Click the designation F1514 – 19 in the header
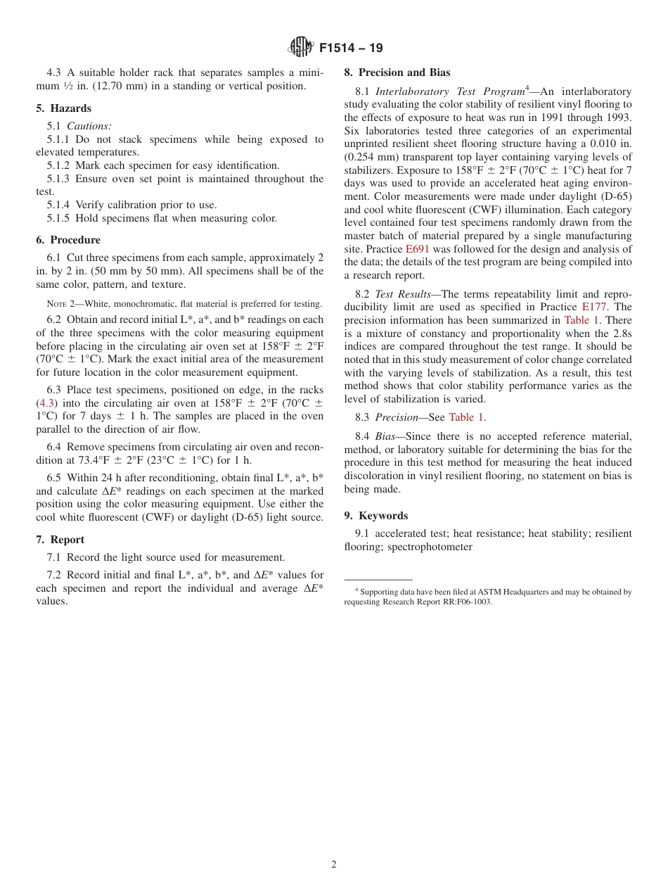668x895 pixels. pyautogui.click(x=351, y=49)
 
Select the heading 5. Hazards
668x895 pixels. pyautogui.click(x=63, y=108)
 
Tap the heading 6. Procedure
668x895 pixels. pyautogui.click(x=68, y=240)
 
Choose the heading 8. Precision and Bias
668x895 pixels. pyautogui.click(x=397, y=72)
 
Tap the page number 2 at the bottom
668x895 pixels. pyautogui.click(x=334, y=865)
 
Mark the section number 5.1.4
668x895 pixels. pyautogui.click(x=59, y=205)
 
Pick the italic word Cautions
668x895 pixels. pyautogui.click(x=89, y=126)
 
